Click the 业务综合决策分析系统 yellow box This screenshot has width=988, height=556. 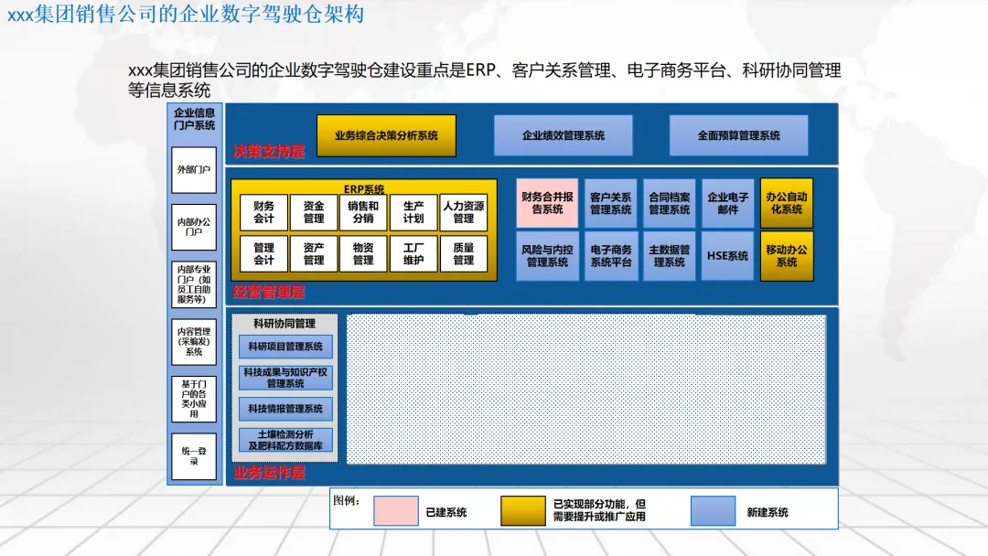coord(385,135)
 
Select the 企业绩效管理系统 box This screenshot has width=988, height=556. coord(563,135)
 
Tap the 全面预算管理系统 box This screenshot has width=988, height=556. coord(738,135)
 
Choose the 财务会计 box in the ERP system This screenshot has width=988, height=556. coord(263,212)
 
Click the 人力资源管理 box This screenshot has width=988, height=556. coord(463,212)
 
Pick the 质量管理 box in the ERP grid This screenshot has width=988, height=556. coord(463,253)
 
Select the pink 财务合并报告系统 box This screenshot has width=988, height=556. coord(547,203)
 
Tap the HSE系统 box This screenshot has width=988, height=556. coord(727,256)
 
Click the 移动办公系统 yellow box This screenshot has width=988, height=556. coord(787,256)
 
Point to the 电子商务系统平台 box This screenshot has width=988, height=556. coord(611,256)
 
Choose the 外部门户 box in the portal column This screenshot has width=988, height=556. coord(194,170)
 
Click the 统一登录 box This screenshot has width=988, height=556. coord(194,455)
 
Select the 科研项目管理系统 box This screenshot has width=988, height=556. coord(285,347)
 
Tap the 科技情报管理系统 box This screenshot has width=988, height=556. coord(285,409)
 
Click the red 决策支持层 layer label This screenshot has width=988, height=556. coord(268,152)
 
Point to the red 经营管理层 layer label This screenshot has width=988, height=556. coord(268,293)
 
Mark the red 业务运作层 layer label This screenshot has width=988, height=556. coord(268,473)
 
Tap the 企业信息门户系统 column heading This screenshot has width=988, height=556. coord(194,119)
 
